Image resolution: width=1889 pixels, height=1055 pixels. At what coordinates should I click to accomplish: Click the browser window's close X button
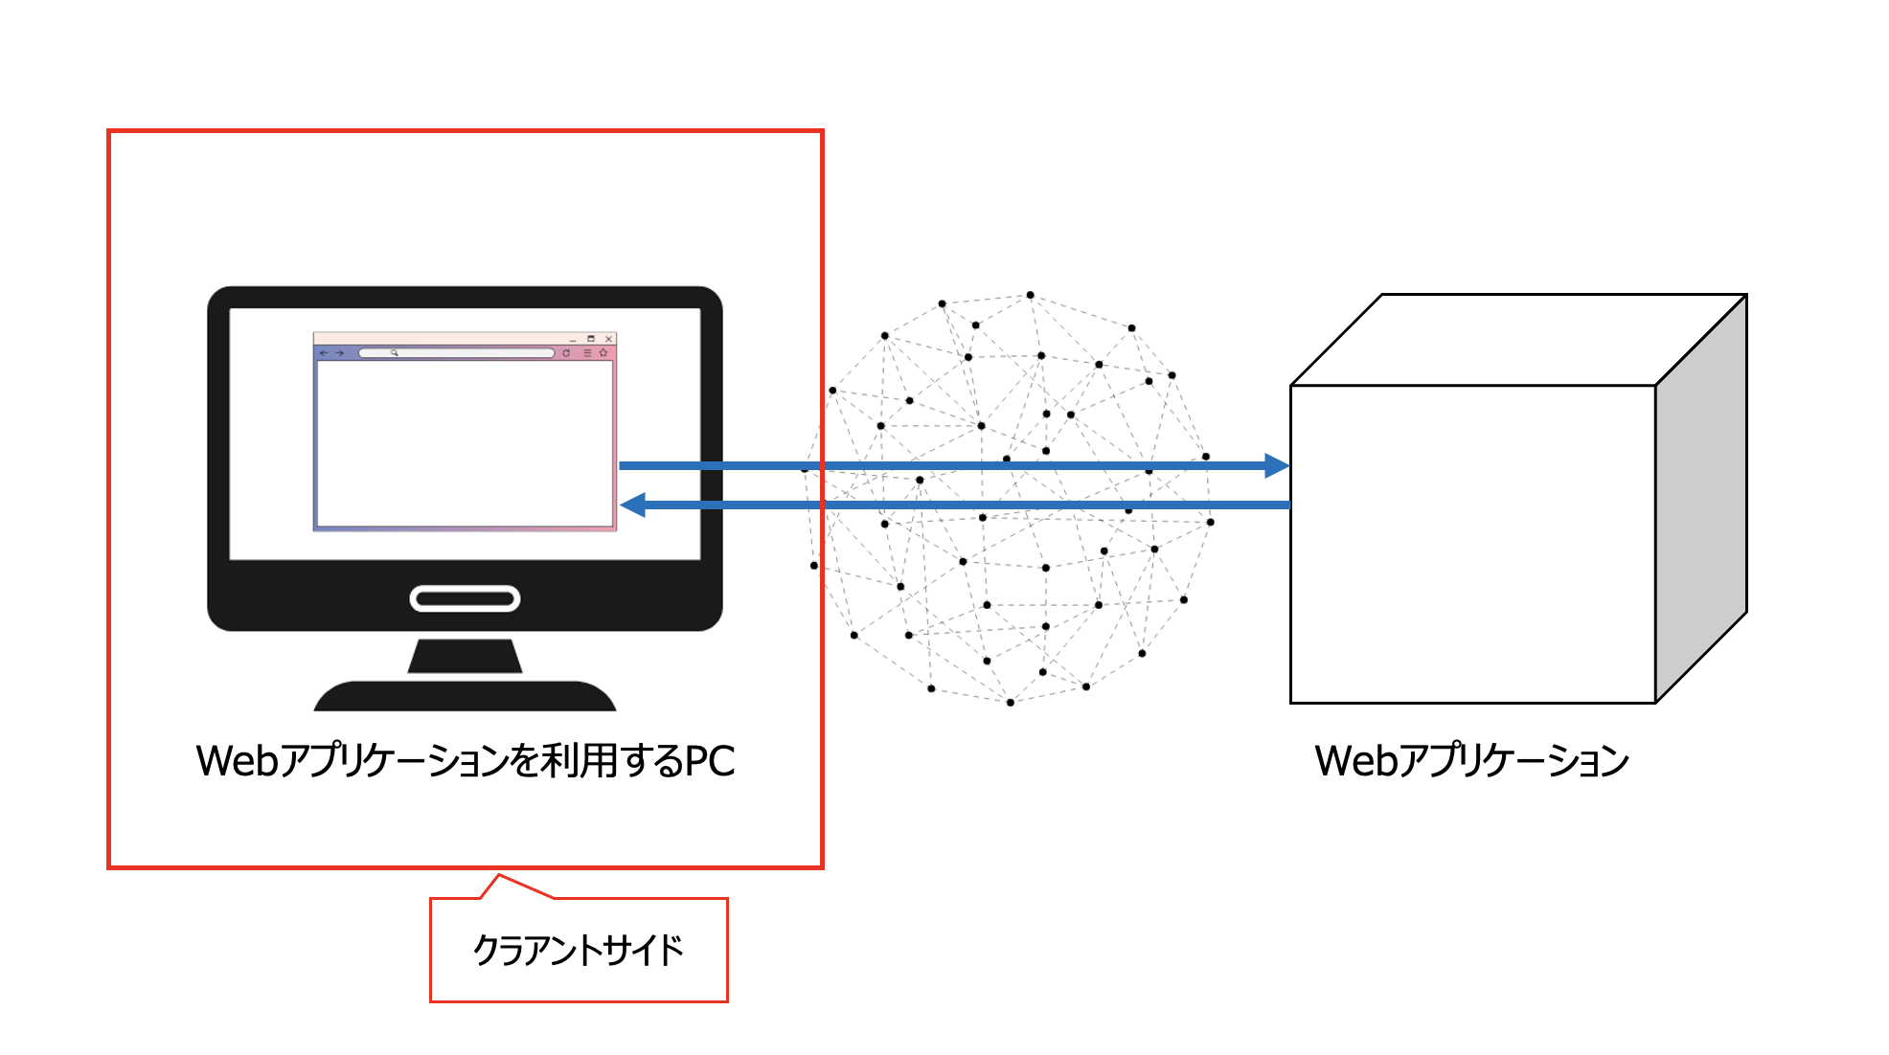[608, 339]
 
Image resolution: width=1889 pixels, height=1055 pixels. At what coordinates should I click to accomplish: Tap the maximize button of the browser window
[591, 339]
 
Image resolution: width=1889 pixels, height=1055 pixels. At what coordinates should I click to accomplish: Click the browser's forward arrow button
[339, 353]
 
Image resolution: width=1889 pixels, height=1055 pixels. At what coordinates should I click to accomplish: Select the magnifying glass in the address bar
[394, 353]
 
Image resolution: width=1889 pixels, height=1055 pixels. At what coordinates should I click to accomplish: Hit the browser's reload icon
[566, 353]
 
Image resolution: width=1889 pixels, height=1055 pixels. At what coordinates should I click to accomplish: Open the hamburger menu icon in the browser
[587, 353]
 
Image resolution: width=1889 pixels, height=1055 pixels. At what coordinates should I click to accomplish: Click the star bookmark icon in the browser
[603, 353]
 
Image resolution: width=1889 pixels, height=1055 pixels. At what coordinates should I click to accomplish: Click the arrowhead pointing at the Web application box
[1277, 466]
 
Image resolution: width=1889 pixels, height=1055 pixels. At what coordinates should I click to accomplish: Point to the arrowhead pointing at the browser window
[633, 505]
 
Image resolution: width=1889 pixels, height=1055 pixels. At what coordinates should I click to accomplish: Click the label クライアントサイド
[579, 951]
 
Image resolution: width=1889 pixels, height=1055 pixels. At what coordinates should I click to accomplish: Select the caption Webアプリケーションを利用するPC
[466, 761]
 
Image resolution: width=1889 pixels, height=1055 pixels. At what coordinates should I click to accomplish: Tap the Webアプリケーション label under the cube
[1471, 761]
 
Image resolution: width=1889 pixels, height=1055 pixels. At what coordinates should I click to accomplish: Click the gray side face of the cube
[1701, 498]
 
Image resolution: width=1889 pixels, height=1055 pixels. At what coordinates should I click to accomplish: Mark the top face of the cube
[1518, 340]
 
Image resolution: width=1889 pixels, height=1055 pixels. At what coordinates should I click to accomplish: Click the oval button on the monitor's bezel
[465, 599]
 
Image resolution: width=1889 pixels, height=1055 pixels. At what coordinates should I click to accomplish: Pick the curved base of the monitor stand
[465, 696]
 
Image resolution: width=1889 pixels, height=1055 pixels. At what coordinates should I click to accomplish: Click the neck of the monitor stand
[465, 656]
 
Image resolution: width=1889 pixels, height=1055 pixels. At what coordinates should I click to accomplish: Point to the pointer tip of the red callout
[498, 875]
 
